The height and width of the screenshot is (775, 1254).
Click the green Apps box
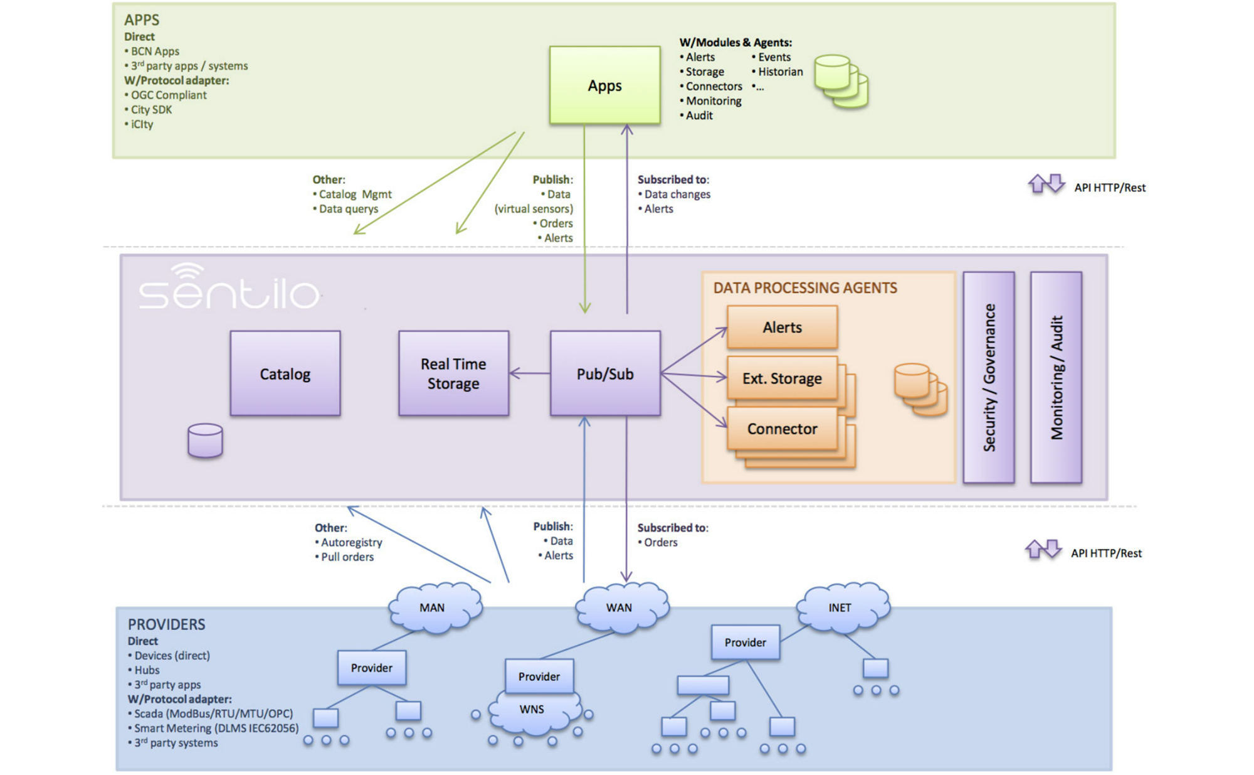point(604,85)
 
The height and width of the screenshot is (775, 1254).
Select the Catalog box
point(285,373)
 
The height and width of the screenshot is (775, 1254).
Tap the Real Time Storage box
point(453,373)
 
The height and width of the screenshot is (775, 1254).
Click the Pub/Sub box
point(605,373)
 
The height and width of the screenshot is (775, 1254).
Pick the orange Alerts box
point(782,327)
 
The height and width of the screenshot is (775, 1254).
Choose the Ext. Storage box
point(782,378)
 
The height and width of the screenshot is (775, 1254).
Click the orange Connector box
point(782,429)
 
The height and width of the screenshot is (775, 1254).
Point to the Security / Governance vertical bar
point(989,377)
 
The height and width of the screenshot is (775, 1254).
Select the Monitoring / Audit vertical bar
point(1056,377)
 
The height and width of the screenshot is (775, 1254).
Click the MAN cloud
point(433,607)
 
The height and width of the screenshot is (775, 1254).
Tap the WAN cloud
point(620,607)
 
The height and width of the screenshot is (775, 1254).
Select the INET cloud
point(841,607)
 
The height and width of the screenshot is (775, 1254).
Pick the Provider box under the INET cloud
point(745,642)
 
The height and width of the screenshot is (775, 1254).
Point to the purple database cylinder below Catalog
point(205,440)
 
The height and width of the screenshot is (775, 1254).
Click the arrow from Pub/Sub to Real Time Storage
point(530,373)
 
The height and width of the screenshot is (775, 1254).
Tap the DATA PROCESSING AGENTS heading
point(805,287)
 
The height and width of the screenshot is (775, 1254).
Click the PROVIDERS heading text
point(166,624)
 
